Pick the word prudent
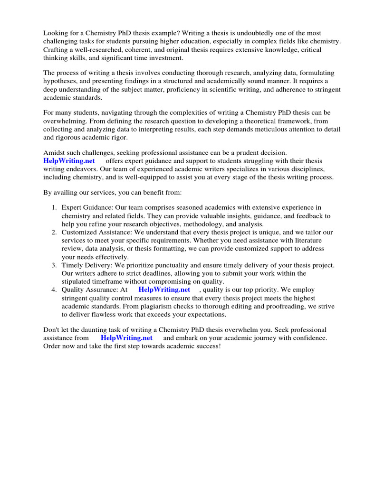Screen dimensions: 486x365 pyautogui.click(x=240, y=153)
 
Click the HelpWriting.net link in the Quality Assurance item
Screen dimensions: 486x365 pyautogui.click(x=164, y=290)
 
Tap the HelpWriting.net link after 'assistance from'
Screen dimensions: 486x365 pyautogui.click(x=126, y=338)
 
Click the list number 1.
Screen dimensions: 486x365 pyautogui.click(x=54, y=207)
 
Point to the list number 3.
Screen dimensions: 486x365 pyautogui.click(x=54, y=265)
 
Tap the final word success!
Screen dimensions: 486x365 pyautogui.click(x=206, y=346)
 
